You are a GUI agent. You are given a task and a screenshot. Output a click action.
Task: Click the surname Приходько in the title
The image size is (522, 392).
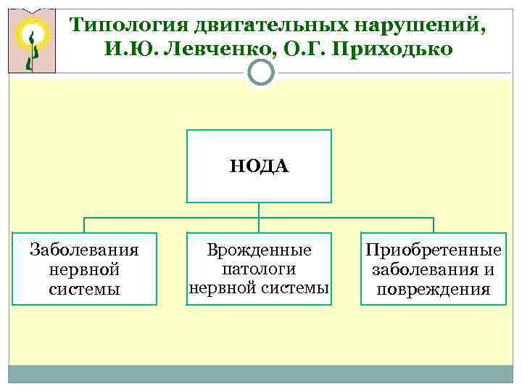click(x=388, y=49)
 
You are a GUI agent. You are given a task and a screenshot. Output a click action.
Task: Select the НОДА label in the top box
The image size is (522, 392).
click(x=259, y=166)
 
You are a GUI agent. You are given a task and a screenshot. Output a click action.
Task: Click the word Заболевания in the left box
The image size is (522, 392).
click(x=84, y=251)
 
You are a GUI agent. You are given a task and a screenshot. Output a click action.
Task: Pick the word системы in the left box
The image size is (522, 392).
click(x=84, y=289)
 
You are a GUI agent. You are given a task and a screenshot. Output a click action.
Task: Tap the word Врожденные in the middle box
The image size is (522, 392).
click(x=259, y=250)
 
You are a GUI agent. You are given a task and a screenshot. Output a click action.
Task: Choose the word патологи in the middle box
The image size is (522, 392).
click(x=259, y=269)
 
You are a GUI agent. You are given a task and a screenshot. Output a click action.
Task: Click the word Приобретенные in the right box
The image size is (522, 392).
click(x=434, y=251)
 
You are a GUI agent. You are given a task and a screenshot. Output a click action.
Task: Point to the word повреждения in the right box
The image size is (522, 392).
click(x=434, y=289)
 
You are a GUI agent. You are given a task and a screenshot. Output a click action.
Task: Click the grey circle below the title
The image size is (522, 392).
click(x=261, y=72)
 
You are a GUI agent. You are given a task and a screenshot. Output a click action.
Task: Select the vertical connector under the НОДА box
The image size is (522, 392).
click(x=259, y=210)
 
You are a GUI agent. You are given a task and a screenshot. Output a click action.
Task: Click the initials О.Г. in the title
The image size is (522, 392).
click(x=291, y=49)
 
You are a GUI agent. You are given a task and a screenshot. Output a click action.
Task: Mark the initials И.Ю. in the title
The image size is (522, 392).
click(x=128, y=49)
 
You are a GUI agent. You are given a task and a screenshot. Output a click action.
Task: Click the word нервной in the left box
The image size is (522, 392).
click(x=84, y=270)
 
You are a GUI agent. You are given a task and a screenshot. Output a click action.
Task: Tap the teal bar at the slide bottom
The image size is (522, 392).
click(x=261, y=373)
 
